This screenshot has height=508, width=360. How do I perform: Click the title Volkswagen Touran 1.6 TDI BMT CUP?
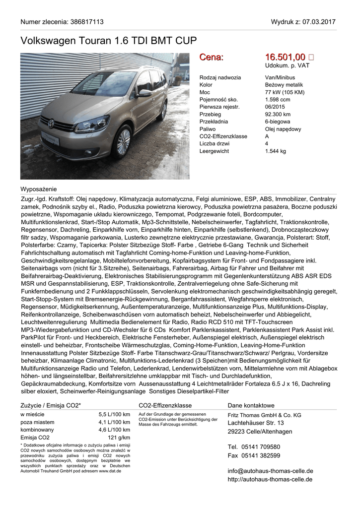click(109, 41)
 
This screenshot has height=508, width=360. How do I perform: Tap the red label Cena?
click(212, 58)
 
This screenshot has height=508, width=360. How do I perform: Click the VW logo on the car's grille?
click(51, 123)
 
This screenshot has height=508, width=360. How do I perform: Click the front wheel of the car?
click(123, 141)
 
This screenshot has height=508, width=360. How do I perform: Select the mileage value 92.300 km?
click(278, 114)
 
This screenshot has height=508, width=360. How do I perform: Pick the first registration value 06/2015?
click(275, 107)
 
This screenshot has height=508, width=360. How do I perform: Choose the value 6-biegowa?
click(278, 122)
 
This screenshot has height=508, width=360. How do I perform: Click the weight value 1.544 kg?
click(276, 151)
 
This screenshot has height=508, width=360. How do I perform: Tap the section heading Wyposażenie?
click(39, 189)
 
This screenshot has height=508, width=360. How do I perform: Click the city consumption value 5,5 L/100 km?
click(114, 414)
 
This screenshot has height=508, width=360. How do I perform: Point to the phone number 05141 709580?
click(261, 446)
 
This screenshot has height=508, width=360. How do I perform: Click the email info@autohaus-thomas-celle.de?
click(270, 471)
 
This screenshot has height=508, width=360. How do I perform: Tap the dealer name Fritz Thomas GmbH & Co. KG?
click(264, 415)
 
